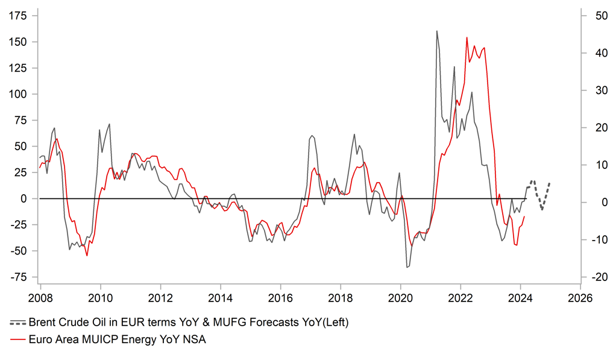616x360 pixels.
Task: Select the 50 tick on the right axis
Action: coord(594,16)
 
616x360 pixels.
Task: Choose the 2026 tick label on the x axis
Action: coord(581,297)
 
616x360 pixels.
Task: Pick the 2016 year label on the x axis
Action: coord(280,297)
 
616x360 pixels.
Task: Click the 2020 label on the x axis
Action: coord(401,297)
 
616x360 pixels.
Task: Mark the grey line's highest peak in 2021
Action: coord(436,31)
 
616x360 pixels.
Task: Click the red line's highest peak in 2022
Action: coord(467,37)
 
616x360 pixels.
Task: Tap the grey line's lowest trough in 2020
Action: coord(407,267)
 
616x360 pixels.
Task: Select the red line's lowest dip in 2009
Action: coord(87,256)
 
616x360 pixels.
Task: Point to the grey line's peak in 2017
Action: coord(312,136)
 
